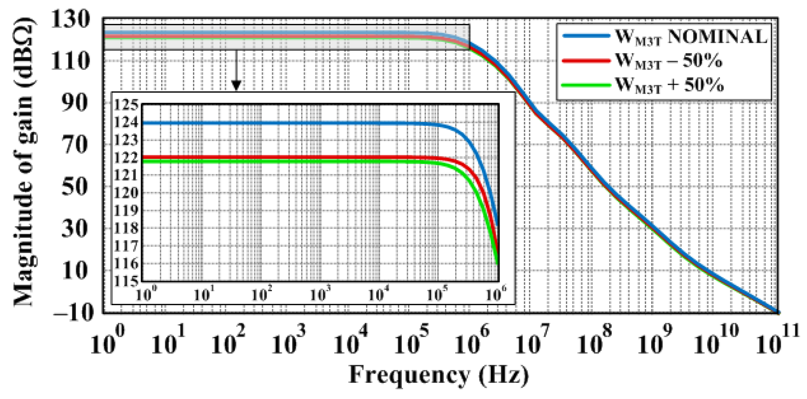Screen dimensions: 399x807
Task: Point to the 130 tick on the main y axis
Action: pos(70,19)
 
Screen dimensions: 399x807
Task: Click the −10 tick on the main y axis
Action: pos(73,312)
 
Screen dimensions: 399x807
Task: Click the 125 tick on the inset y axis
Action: pos(126,105)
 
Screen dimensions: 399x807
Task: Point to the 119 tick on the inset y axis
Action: pos(126,211)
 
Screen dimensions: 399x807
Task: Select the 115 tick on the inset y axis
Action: pos(126,281)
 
